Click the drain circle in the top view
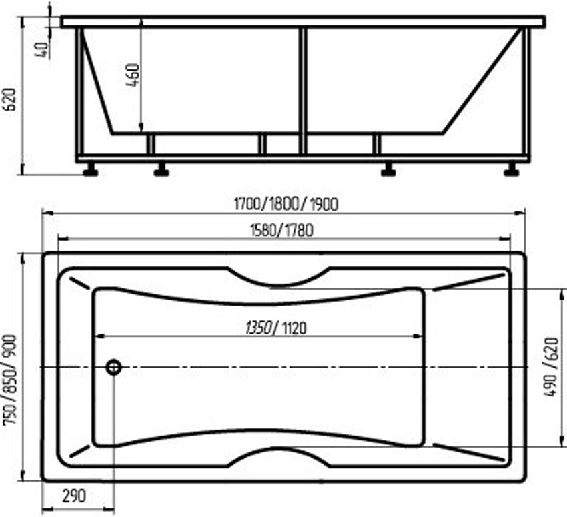[x=114, y=368]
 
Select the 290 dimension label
[x=74, y=496]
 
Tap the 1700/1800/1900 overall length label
[x=286, y=205]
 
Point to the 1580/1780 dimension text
[x=281, y=230]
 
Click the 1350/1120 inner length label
[x=275, y=328]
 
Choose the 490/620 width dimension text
[x=551, y=367]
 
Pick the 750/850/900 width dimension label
[x=9, y=380]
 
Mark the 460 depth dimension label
[x=133, y=75]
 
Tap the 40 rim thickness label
[x=42, y=50]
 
